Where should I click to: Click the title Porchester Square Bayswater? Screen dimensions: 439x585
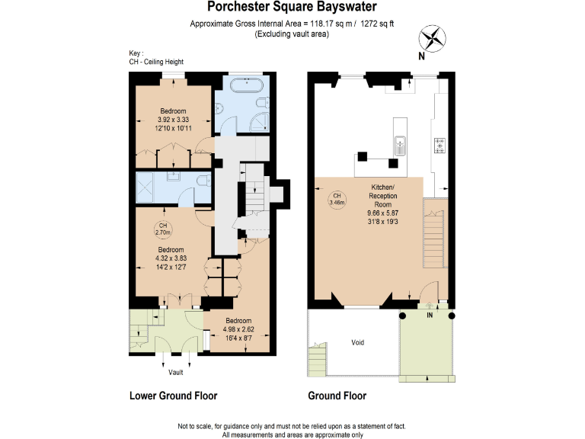tap(292, 8)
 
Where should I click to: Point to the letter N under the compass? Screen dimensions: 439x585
tap(421, 56)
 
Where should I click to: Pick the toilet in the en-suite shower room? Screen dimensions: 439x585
tap(202, 181)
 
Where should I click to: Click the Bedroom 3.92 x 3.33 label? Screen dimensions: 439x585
tap(171, 120)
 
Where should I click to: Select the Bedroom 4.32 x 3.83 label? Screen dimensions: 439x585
tap(171, 258)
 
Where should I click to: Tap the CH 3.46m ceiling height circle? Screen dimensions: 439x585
tap(337, 200)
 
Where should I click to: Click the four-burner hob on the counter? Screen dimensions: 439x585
tap(440, 145)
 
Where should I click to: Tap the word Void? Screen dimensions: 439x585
tap(358, 342)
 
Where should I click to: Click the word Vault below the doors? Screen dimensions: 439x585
tap(176, 372)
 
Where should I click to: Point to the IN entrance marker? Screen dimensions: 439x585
tap(430, 314)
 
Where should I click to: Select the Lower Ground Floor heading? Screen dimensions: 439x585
tap(174, 396)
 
